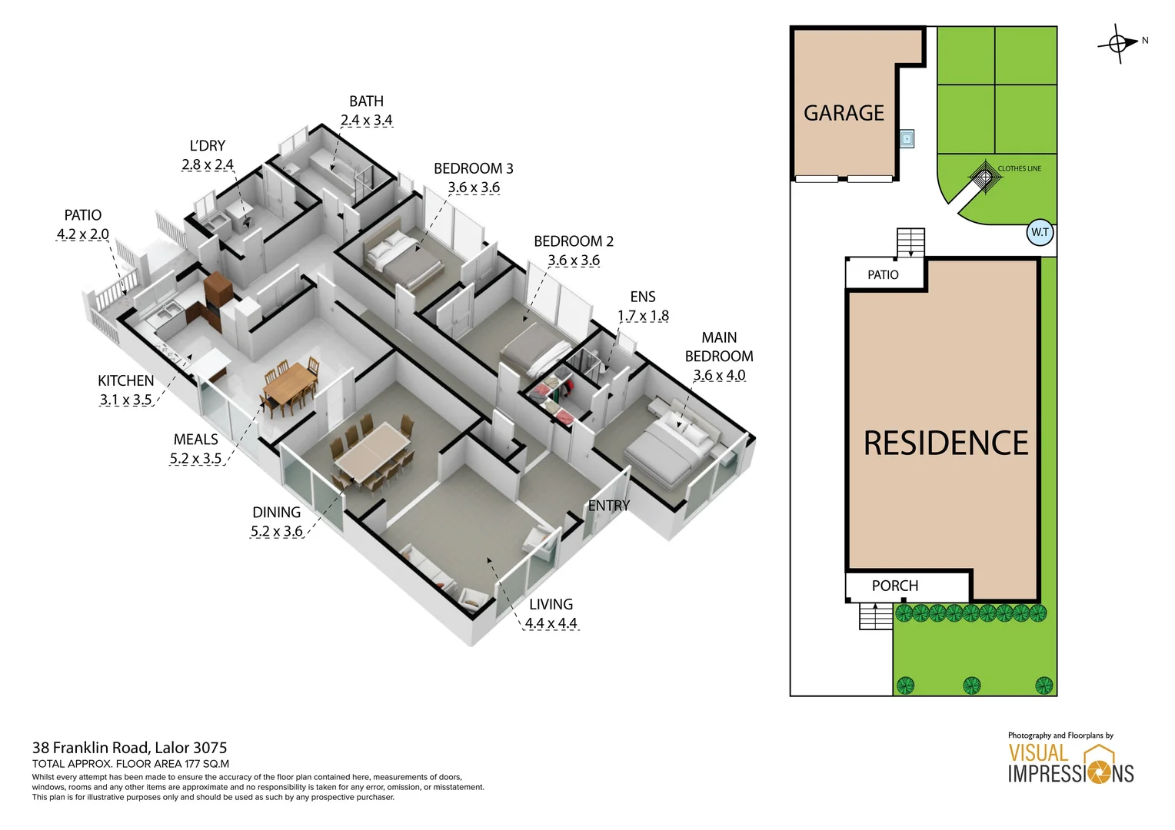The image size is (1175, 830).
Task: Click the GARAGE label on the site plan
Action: pos(844,114)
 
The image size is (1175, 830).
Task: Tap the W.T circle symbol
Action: pos(1040,232)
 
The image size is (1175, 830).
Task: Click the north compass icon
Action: pos(1118,43)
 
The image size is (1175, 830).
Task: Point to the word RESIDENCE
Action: pos(945,443)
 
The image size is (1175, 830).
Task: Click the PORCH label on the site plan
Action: pos(894,586)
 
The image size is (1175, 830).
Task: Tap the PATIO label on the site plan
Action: pos(883,275)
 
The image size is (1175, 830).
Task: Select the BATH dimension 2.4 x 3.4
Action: pos(366,121)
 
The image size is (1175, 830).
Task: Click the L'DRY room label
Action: pos(208,146)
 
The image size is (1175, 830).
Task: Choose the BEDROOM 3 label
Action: pos(473,168)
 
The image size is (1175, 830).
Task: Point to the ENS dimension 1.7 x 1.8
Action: pos(643,316)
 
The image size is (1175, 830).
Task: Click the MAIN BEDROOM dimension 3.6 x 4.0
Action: pos(719,375)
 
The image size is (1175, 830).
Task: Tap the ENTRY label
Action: pos(608,506)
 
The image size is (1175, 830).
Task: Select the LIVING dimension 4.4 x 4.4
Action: pos(551,623)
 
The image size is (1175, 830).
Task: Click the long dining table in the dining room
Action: pos(373,452)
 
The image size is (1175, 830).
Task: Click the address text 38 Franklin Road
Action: pos(129,748)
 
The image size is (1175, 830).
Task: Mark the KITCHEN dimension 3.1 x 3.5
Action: pos(125,400)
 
